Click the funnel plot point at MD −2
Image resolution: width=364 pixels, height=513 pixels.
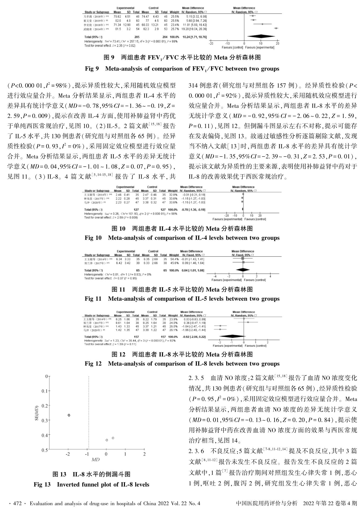pos(69,415)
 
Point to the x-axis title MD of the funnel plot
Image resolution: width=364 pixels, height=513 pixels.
pos(96,460)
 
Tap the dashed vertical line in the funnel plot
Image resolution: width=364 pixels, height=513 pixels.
pos(88,413)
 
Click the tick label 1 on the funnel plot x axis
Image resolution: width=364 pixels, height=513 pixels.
pos(125,454)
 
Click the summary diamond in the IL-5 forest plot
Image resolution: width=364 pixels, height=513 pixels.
pos(243,270)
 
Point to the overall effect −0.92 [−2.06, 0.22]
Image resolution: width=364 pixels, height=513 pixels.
pos(194,337)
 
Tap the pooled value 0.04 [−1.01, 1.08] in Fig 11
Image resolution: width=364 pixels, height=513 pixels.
pos(194,271)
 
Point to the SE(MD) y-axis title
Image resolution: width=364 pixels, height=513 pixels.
pos(37,413)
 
